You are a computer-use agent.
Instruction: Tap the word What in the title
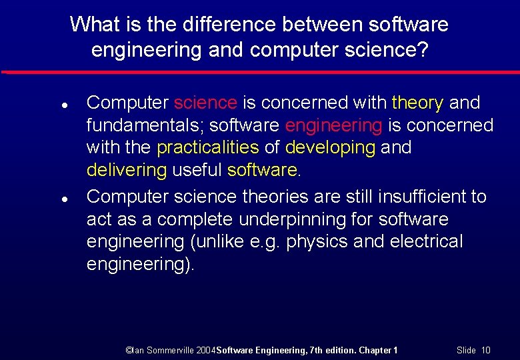click(91, 25)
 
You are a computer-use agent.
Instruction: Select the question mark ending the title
click(421, 50)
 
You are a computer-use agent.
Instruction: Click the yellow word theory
click(417, 103)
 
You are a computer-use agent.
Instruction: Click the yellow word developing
click(330, 147)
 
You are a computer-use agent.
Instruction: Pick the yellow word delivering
click(127, 170)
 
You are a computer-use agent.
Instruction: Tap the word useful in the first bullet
click(197, 170)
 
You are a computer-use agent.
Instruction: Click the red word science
click(205, 103)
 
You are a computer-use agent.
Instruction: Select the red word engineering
click(333, 125)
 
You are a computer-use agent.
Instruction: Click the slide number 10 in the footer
click(485, 350)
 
